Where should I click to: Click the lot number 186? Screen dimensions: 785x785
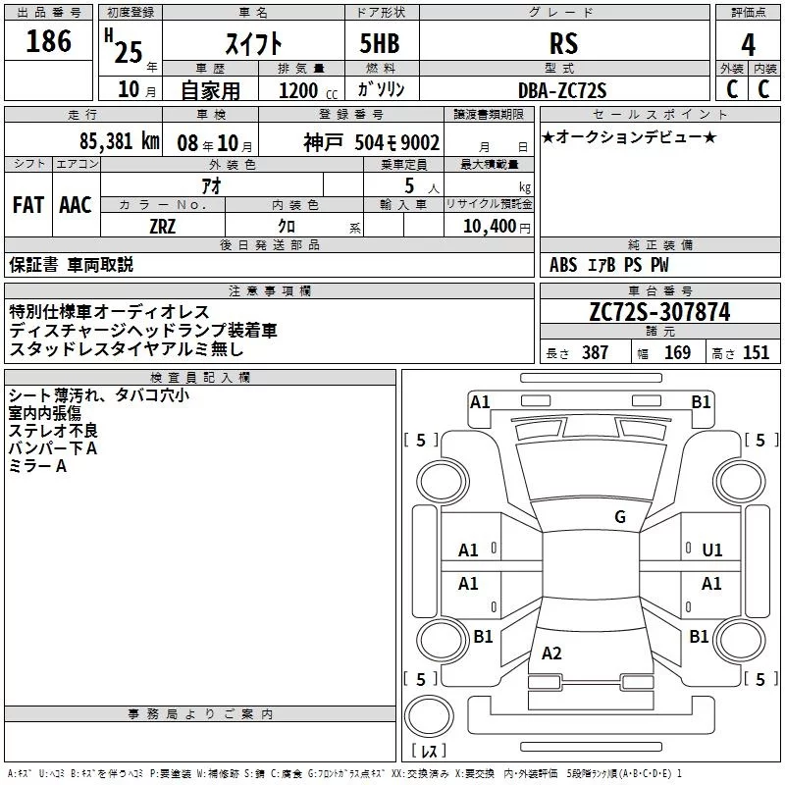48,42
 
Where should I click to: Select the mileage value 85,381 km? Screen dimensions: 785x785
119,141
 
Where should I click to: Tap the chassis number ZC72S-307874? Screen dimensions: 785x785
659,312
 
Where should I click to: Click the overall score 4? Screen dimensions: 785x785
748,44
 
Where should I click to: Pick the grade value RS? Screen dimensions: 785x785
564,44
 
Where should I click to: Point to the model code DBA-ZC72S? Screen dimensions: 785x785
562,90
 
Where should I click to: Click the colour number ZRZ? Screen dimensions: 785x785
163,227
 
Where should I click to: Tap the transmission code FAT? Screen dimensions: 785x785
27,205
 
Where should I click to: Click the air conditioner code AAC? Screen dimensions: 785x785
75,205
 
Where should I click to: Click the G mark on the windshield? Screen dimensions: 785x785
619,517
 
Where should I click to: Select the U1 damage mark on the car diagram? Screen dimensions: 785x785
711,550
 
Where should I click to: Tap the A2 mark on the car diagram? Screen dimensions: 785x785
551,653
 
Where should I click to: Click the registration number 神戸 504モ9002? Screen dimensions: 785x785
371,142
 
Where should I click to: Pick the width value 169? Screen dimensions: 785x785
677,353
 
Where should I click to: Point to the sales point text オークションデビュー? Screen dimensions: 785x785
628,136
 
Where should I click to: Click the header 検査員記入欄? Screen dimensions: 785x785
200,377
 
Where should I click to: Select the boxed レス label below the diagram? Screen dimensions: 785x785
429,751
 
